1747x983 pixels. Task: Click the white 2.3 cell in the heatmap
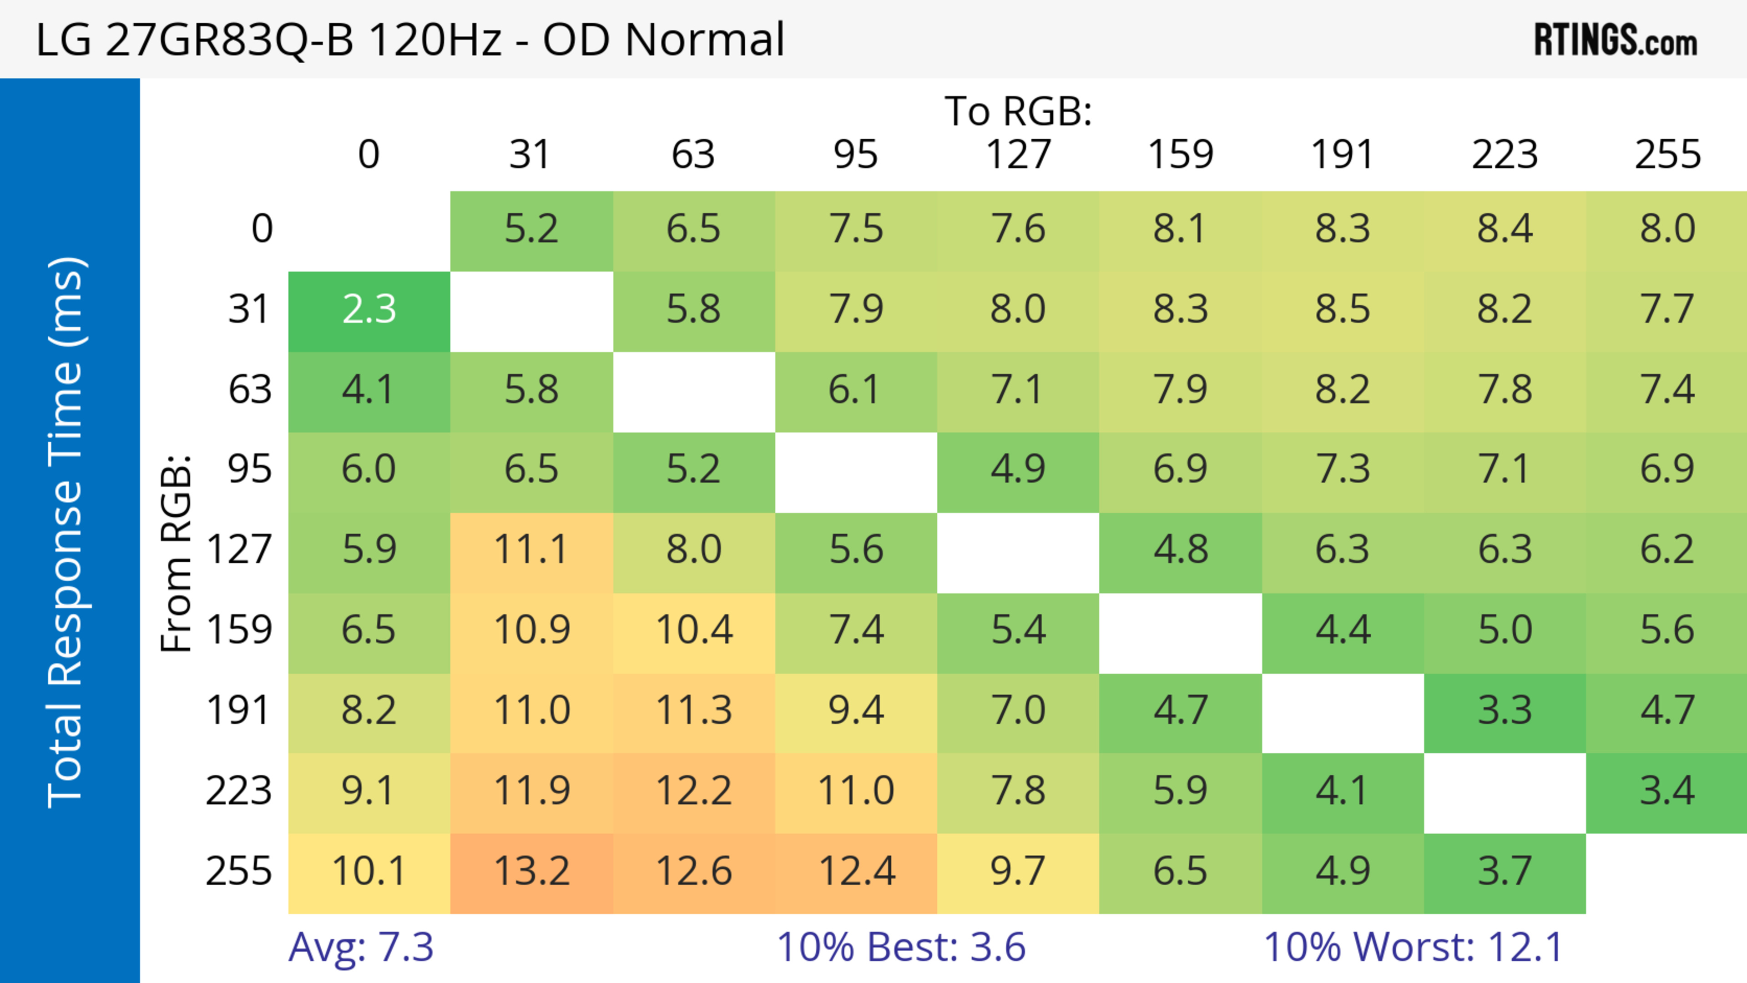pyautogui.click(x=369, y=310)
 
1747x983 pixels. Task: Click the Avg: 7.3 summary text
pyautogui.click(x=361, y=947)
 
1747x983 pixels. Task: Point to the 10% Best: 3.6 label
pyautogui.click(x=901, y=947)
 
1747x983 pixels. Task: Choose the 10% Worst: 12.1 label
pyautogui.click(x=1414, y=947)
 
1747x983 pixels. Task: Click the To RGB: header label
pyautogui.click(x=1018, y=111)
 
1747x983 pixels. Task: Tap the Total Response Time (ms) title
pyautogui.click(x=66, y=532)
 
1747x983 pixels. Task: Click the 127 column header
pyautogui.click(x=1018, y=155)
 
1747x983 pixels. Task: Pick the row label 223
pyautogui.click(x=239, y=791)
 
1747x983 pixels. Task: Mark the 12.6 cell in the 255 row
pyautogui.click(x=694, y=871)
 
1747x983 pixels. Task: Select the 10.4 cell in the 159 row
pyautogui.click(x=694, y=630)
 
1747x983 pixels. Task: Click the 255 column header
pyautogui.click(x=1668, y=155)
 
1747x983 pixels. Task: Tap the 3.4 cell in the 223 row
pyautogui.click(x=1668, y=791)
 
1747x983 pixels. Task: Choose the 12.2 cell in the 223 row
pyautogui.click(x=694, y=791)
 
